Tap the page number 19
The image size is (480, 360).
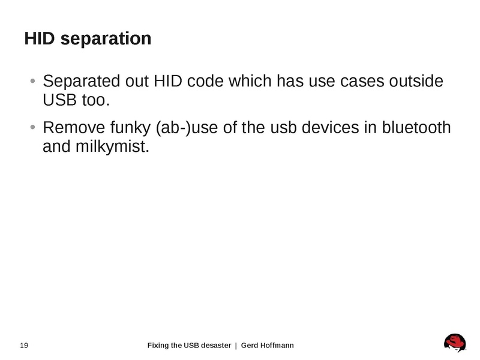tap(25, 345)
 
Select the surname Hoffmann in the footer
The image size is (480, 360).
tap(276, 345)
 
